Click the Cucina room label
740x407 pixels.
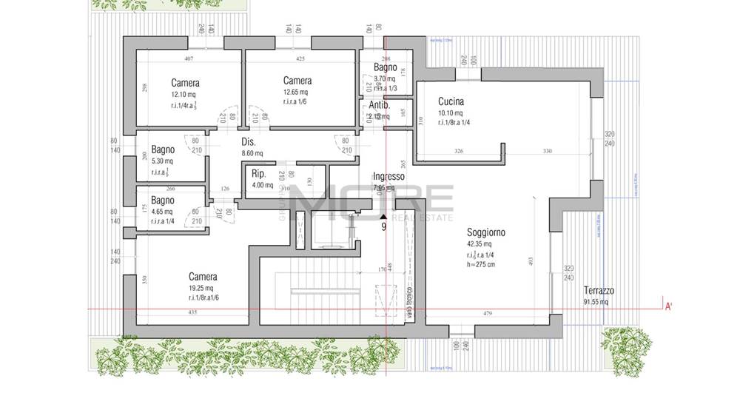451,102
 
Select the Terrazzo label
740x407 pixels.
599,291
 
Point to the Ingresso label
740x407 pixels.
388,176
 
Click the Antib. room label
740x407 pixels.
379,105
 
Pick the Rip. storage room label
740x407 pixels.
258,173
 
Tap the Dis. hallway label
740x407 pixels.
249,141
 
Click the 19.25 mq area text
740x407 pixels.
201,288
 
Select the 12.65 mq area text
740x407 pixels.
295,92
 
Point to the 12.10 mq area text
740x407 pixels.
183,95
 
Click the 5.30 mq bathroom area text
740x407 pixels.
162,161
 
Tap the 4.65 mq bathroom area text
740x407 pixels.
162,212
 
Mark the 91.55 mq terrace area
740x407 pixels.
596,302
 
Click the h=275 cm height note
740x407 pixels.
481,264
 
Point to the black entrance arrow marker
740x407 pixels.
383,216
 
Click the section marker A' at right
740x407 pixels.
668,306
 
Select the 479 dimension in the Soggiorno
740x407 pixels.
488,313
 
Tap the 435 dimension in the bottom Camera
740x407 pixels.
192,313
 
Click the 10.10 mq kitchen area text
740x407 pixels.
451,113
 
